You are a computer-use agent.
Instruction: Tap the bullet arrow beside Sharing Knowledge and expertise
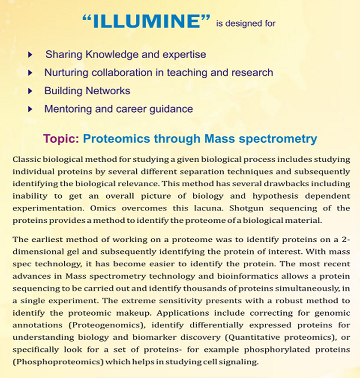pyautogui.click(x=31, y=55)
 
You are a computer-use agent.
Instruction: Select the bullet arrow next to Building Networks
pyautogui.click(x=31, y=91)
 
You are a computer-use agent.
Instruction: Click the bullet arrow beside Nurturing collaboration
pyautogui.click(x=31, y=73)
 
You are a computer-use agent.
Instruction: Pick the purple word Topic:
pyautogui.click(x=61, y=139)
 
